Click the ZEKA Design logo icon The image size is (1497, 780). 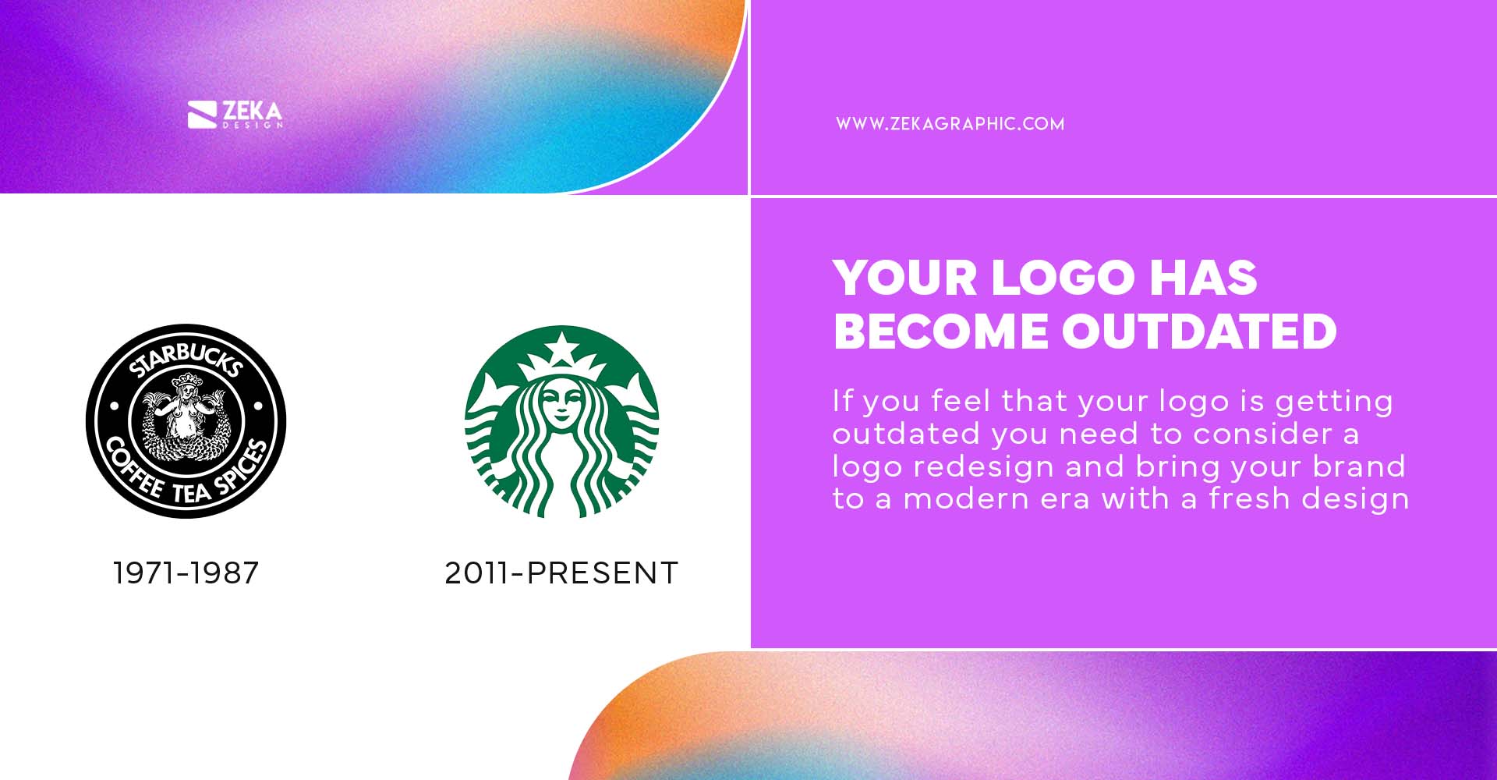(201, 115)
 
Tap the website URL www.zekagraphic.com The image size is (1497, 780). (950, 124)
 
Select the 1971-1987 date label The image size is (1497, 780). (186, 573)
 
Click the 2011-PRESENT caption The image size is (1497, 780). (561, 573)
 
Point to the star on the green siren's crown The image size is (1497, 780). (561, 346)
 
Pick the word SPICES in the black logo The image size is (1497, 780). (242, 468)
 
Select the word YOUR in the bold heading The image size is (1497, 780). (904, 278)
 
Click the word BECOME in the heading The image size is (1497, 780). (940, 331)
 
